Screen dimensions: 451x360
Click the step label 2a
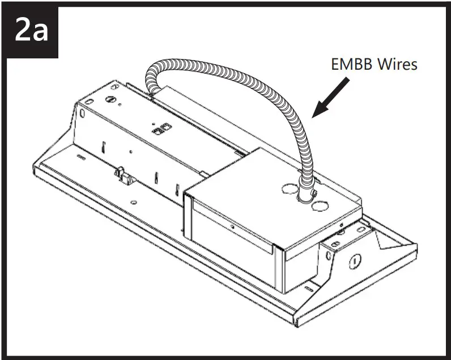(x=32, y=32)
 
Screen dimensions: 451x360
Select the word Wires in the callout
(x=397, y=64)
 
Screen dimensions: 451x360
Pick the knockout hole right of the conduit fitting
(x=321, y=202)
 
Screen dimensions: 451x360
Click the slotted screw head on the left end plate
(x=112, y=99)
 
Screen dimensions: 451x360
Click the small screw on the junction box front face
(x=232, y=226)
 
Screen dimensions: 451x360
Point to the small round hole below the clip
(x=132, y=201)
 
